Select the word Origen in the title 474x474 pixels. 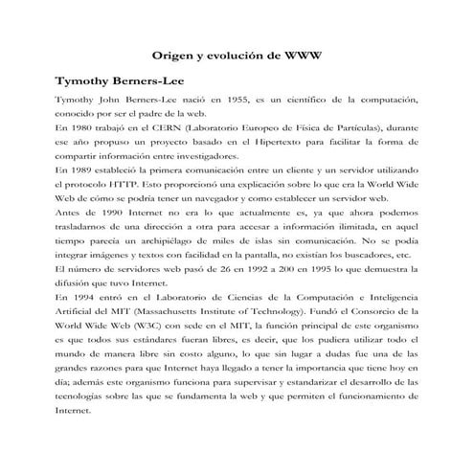pos(174,54)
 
